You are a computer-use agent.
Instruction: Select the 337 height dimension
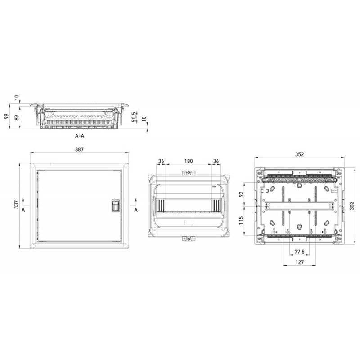(16, 205)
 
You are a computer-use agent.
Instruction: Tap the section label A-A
(80, 135)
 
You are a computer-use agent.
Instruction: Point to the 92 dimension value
(241, 194)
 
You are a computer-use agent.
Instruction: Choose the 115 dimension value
(241, 220)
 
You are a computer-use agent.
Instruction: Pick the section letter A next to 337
(22, 210)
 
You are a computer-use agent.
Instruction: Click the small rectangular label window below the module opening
(188, 222)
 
